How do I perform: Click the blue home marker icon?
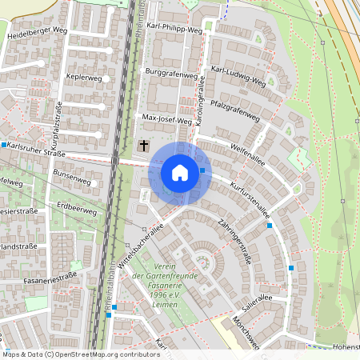pyautogui.click(x=180, y=173)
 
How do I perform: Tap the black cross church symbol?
pyautogui.click(x=144, y=146)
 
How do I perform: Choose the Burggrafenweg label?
pyautogui.click(x=170, y=74)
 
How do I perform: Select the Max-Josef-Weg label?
pyautogui.click(x=167, y=119)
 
